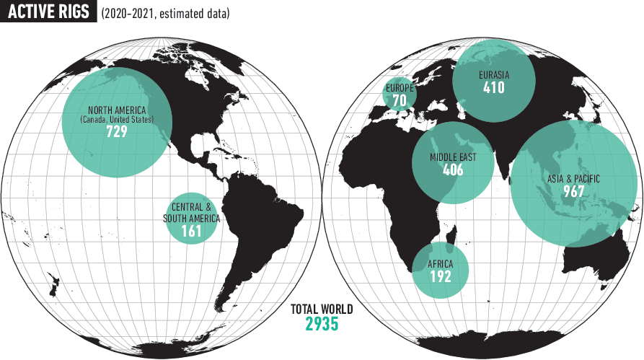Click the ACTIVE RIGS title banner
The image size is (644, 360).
coord(49,13)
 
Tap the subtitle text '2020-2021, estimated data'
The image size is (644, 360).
coord(166,13)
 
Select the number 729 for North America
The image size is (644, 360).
coord(116,132)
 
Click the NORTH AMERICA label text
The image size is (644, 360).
coord(118,110)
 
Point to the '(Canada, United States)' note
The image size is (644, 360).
coord(117,120)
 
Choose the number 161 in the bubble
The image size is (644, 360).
coord(191,232)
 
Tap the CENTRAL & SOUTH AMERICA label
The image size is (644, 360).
coord(191,212)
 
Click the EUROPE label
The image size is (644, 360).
coord(400,87)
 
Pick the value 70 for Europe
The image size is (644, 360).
coord(400,100)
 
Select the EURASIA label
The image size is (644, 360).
coord(494,74)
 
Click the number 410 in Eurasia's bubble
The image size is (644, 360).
coord(494,89)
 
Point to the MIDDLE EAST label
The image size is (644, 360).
coord(453,157)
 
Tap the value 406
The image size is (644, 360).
coord(453,171)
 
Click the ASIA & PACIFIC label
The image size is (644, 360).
coord(574,178)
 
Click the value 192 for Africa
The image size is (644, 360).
coord(440,276)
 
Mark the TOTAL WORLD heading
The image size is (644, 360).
coord(322,309)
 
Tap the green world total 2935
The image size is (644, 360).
coord(322,325)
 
